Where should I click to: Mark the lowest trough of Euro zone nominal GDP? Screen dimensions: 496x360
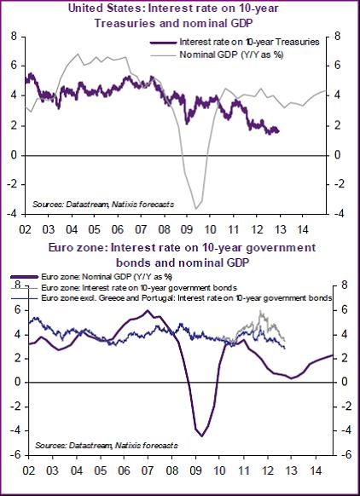tap(202, 435)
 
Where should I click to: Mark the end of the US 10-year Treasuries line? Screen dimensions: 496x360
tap(278, 130)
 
